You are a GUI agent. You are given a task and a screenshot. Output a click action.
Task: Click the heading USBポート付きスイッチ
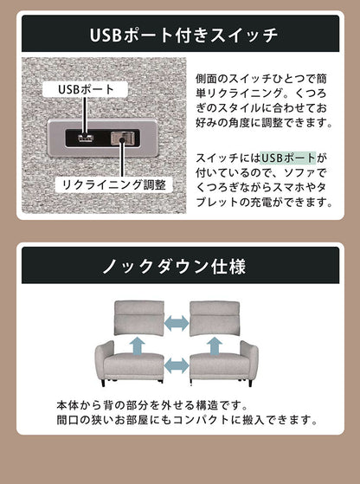[181, 35]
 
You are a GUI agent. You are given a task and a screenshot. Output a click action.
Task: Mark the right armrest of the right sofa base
[248, 360]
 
